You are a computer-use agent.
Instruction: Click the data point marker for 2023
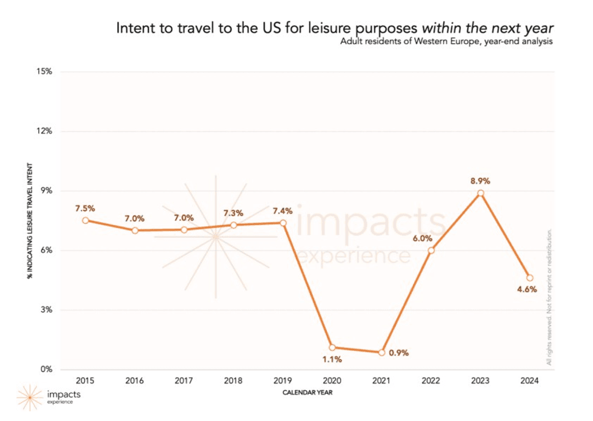pyautogui.click(x=480, y=193)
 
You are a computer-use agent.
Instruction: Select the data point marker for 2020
pyautogui.click(x=332, y=348)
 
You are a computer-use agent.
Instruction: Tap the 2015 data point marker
pyautogui.click(x=85, y=221)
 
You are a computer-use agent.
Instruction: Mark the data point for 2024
pyautogui.click(x=530, y=278)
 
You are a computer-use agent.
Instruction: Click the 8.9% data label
pyautogui.click(x=480, y=181)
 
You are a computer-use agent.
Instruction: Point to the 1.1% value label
pyautogui.click(x=332, y=359)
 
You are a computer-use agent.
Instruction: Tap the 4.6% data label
pyautogui.click(x=527, y=289)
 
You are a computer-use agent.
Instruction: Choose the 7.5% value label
pyautogui.click(x=85, y=208)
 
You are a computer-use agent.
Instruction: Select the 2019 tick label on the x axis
pyautogui.click(x=283, y=380)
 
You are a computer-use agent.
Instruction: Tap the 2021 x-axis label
pyautogui.click(x=381, y=380)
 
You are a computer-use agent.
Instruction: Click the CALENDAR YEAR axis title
pyautogui.click(x=307, y=392)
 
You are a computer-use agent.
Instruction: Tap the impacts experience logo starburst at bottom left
pyautogui.click(x=29, y=397)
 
